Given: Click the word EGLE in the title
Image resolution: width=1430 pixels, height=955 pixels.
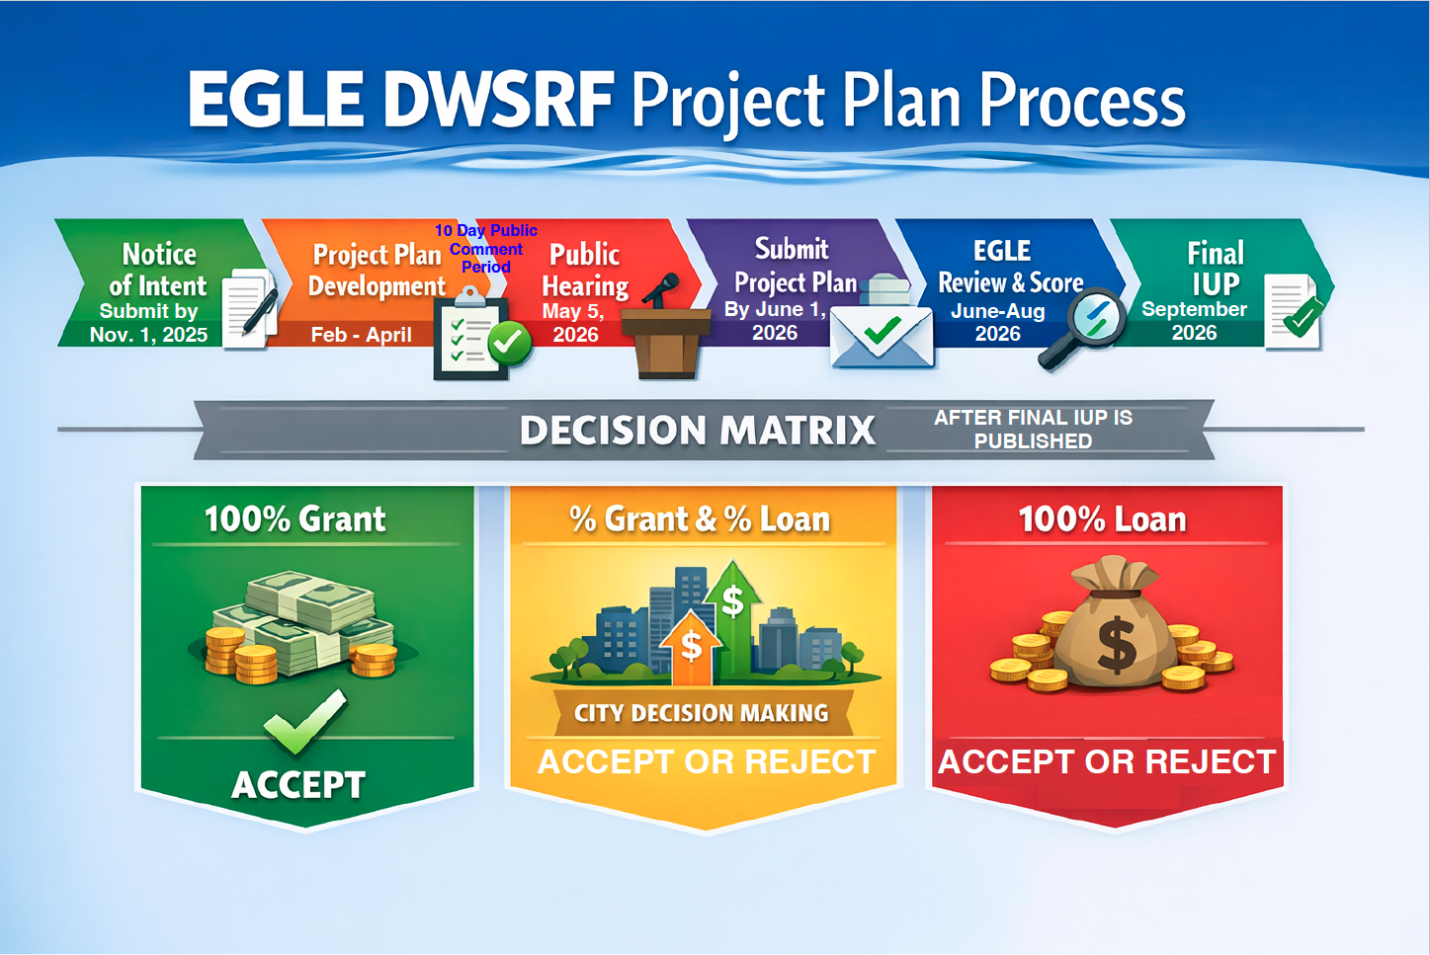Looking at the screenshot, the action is (x=275, y=101).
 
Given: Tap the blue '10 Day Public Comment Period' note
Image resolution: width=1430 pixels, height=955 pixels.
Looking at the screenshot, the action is (x=486, y=248).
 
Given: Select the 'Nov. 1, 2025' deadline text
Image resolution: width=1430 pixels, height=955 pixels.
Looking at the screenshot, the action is (x=149, y=335).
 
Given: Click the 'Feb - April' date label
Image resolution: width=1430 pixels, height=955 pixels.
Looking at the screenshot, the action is (x=362, y=334).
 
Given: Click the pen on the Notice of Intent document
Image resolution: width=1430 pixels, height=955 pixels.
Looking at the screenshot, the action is (x=260, y=311).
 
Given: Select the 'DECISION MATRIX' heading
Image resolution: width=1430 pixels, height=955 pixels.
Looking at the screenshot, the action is (x=697, y=430).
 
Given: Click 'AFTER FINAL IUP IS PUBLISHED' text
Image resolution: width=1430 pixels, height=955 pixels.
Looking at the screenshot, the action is (x=1033, y=429).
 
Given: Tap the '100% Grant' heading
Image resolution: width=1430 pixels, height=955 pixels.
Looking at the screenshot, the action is (x=294, y=518).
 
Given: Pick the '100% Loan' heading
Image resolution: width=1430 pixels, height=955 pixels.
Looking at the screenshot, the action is (x=1103, y=518).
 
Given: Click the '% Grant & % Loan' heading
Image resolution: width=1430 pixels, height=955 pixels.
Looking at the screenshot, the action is (x=700, y=518).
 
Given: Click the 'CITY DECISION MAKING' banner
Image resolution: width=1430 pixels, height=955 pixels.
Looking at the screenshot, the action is (x=701, y=713).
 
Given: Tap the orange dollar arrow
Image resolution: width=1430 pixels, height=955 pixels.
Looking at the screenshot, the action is (x=691, y=648).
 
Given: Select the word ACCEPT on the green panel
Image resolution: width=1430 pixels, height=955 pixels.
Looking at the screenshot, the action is (x=298, y=785).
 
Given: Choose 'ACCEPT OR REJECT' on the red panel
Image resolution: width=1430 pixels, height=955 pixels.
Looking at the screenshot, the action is (x=1107, y=761).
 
